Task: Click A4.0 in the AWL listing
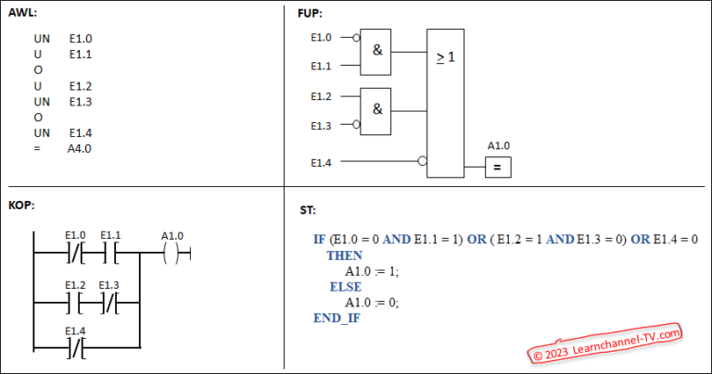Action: (80, 148)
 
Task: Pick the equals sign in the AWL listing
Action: (36, 148)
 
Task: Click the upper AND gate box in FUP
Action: (377, 51)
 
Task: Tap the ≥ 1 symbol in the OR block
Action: (445, 57)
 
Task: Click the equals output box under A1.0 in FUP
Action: (497, 168)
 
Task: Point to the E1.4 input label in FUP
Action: (321, 162)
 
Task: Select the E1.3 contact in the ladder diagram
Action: (109, 301)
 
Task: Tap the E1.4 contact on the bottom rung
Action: (76, 348)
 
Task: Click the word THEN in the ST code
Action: (344, 255)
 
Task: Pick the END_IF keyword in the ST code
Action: (336, 318)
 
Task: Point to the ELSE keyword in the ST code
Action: (345, 287)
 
